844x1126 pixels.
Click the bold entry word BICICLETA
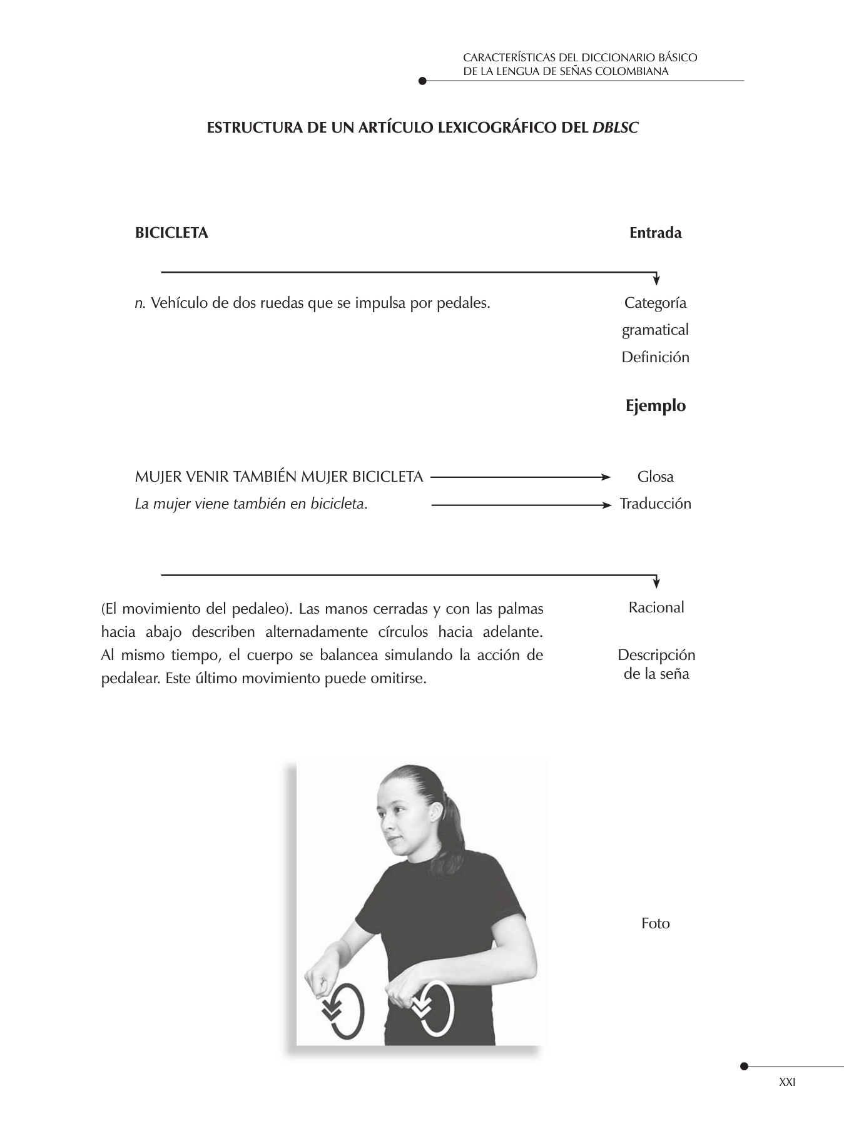[171, 233]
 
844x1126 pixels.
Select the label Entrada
[655, 233]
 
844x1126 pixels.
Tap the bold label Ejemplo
[655, 406]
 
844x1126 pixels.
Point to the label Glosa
[655, 477]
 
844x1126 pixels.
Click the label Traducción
[655, 504]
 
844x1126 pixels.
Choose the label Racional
[656, 607]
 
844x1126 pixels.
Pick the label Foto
[655, 923]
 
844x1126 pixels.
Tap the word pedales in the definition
[465, 303]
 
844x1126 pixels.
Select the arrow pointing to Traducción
[521, 504]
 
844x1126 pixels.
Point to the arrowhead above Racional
[656, 583]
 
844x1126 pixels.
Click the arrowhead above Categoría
[656, 280]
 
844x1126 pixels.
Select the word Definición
[655, 358]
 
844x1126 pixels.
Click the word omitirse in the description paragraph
[397, 679]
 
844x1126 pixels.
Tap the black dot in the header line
[422, 81]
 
